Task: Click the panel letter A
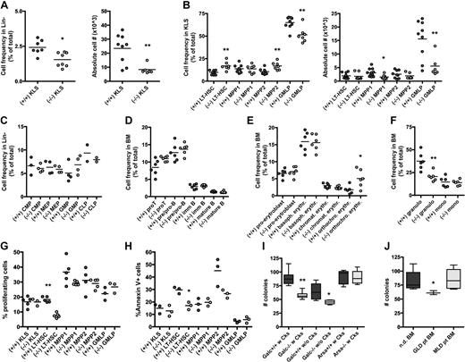pyautogui.click(x=5, y=7)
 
